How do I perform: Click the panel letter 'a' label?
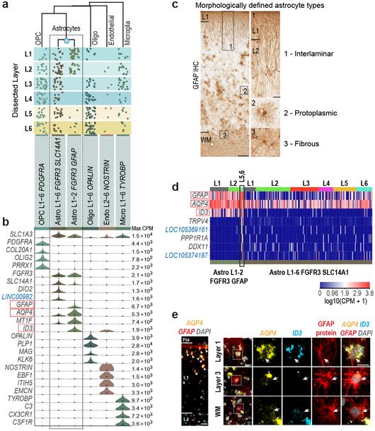coord(5,6)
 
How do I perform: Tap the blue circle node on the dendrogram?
coord(67,43)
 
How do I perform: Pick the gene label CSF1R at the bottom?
coord(23,423)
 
